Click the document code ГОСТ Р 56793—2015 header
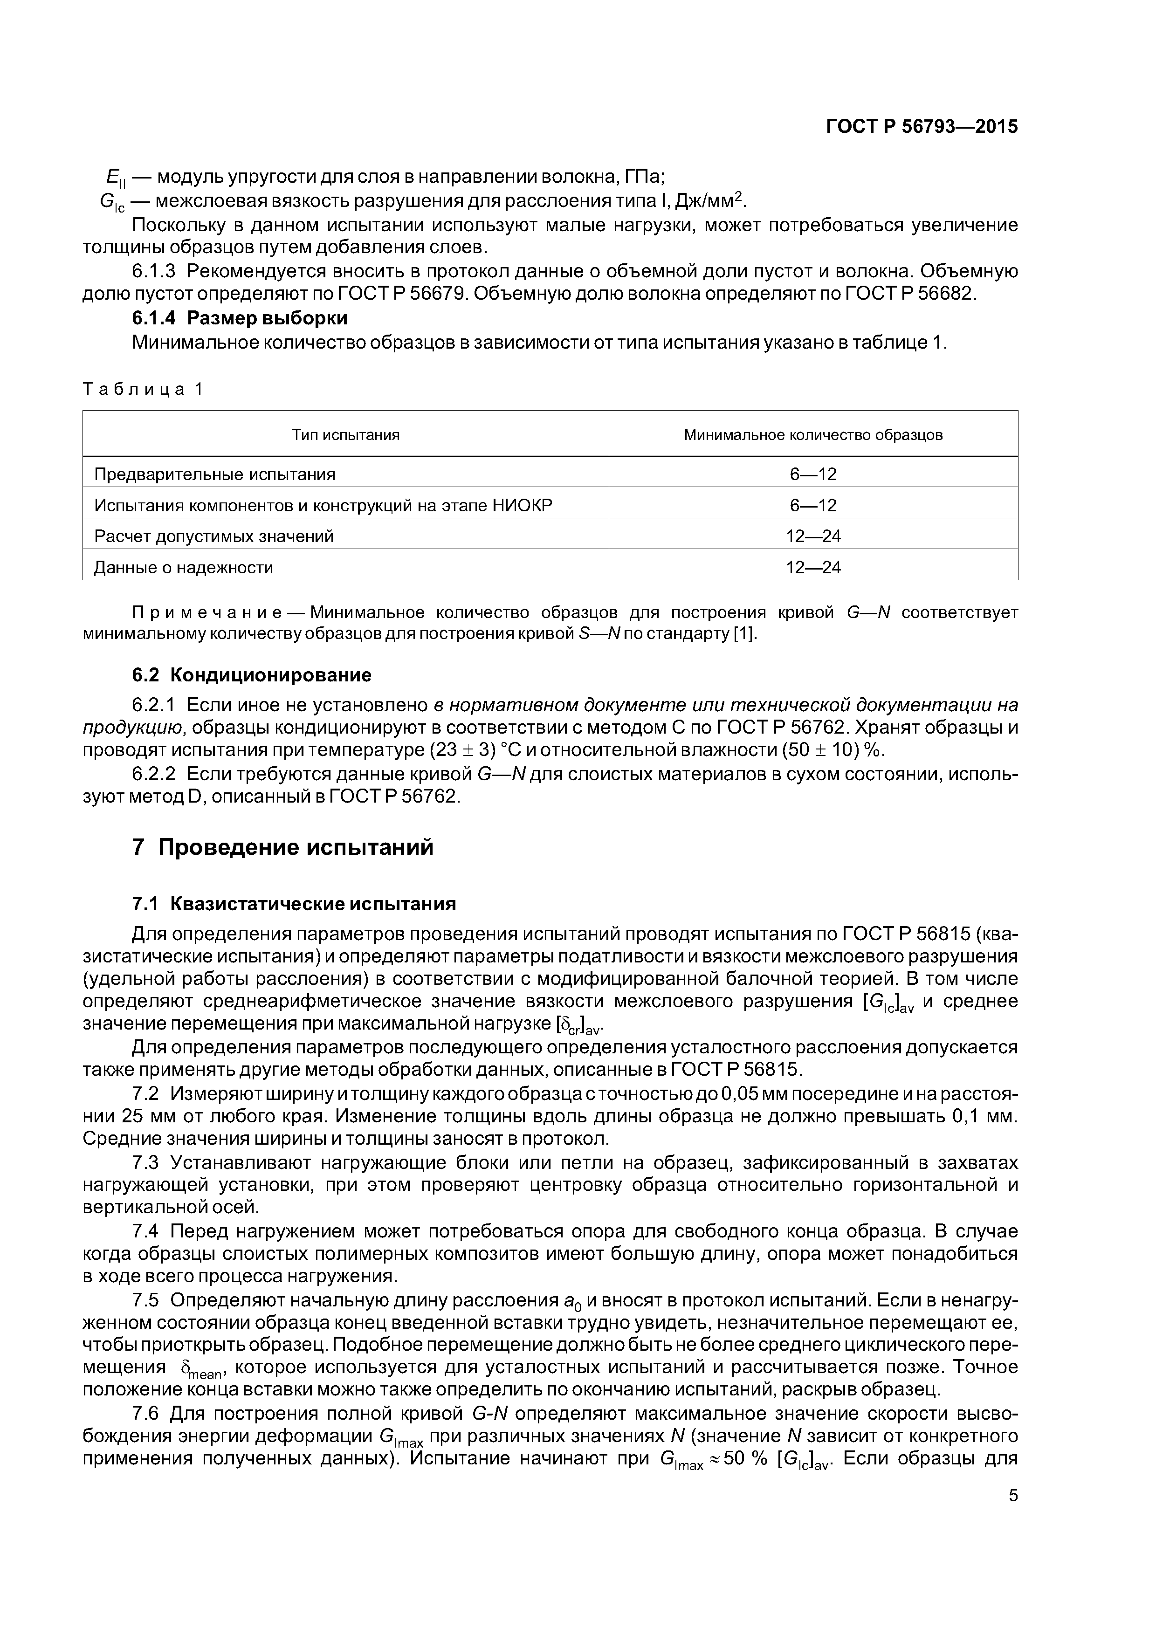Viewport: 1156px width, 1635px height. coord(922,127)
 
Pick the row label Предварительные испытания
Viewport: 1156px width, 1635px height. coord(214,474)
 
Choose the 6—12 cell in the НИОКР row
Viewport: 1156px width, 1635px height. coord(812,506)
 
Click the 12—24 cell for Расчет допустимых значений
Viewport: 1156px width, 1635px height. coord(812,536)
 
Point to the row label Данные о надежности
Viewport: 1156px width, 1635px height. coord(183,568)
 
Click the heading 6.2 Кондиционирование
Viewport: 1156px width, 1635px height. coord(252,674)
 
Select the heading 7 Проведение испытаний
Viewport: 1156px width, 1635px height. coord(283,847)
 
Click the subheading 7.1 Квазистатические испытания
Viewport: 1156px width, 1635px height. coord(294,904)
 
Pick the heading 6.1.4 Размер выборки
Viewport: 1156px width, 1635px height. coord(239,318)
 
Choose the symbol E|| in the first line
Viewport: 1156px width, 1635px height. coord(114,178)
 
